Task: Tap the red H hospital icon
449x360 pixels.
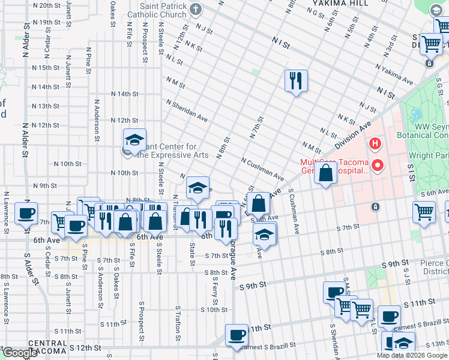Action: pyautogui.click(x=375, y=143)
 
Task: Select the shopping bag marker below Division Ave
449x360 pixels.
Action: pyautogui.click(x=325, y=175)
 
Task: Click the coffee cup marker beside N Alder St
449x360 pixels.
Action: pyautogui.click(x=26, y=213)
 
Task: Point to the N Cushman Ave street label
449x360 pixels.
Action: pyautogui.click(x=262, y=170)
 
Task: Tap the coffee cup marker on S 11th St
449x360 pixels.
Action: pyautogui.click(x=236, y=335)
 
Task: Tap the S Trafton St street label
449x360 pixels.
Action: pyautogui.click(x=178, y=318)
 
